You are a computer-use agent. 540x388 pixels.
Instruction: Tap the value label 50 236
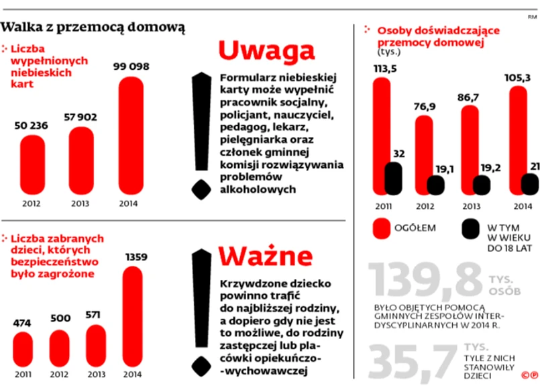point(33,125)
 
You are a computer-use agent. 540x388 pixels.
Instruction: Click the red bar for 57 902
point(81,160)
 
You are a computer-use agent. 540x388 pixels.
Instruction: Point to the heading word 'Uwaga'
point(266,50)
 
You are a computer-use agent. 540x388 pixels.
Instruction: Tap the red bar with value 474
point(23,354)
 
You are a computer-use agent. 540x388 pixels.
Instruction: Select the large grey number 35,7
point(409,360)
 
